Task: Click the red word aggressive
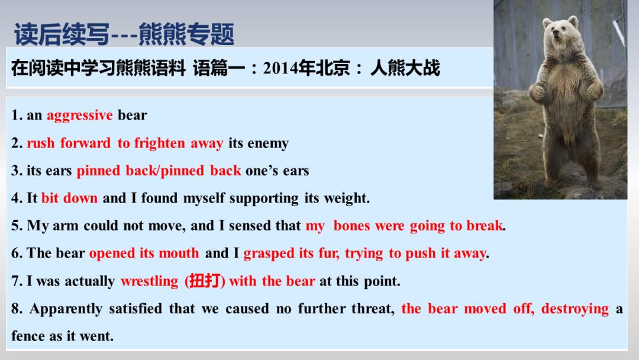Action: pos(79,115)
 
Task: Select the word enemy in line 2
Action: pos(268,144)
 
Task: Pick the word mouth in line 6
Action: pos(179,253)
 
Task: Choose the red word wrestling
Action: pos(149,281)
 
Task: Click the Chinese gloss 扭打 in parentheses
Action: pos(204,281)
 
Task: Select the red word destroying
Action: pos(575,309)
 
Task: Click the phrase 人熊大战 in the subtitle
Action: pos(405,68)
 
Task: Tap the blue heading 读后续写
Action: pos(62,34)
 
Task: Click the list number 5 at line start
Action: pos(15,226)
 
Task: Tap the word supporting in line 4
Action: pos(264,198)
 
